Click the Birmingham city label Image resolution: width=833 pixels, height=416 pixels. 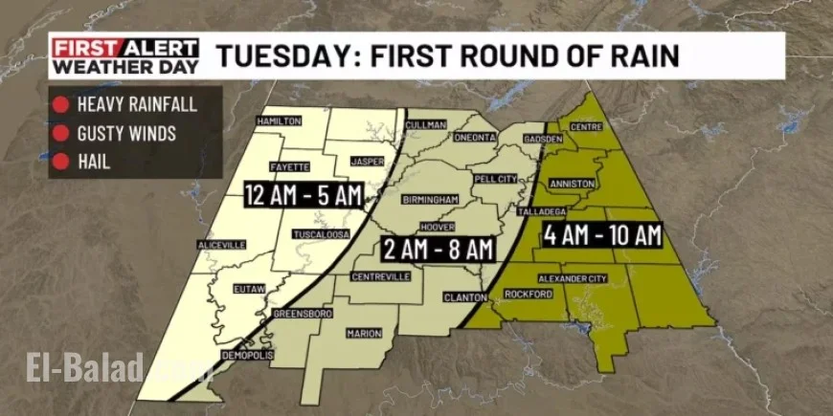point(433,201)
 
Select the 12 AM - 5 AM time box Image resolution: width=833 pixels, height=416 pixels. point(303,195)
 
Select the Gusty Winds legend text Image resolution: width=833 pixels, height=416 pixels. point(126,134)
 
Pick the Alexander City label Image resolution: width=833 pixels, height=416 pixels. point(572,278)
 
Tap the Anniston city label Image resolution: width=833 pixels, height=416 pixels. point(573,183)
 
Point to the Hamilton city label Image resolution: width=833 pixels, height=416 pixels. point(279,121)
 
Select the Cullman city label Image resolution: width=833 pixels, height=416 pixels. point(427,125)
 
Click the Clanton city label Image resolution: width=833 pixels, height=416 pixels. point(465,297)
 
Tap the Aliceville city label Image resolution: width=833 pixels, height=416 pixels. point(221,245)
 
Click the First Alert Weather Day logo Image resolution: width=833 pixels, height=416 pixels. point(125,56)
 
